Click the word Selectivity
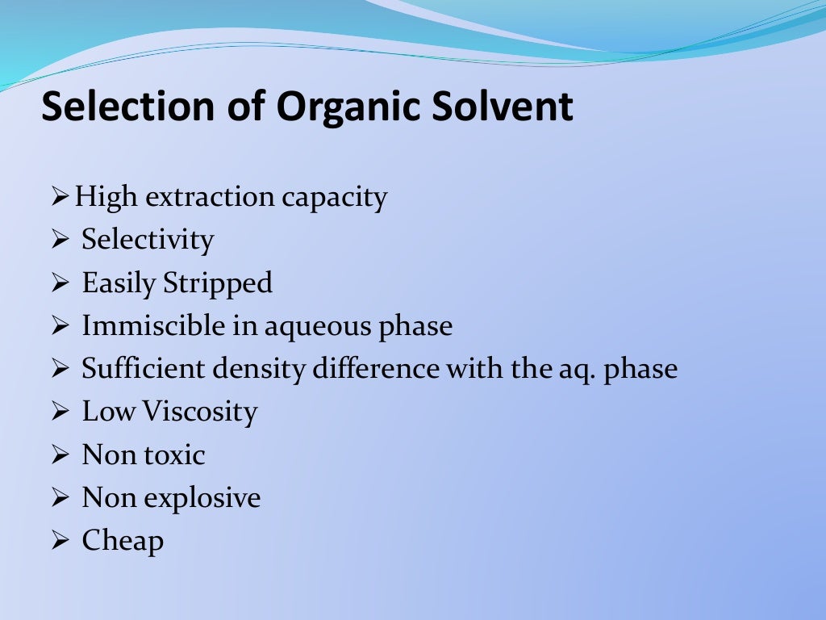[148, 241]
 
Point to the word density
[260, 370]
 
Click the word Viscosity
[200, 413]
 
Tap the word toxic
[175, 455]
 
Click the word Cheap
[123, 541]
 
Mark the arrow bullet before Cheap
[62, 542]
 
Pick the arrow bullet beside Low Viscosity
[62, 413]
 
